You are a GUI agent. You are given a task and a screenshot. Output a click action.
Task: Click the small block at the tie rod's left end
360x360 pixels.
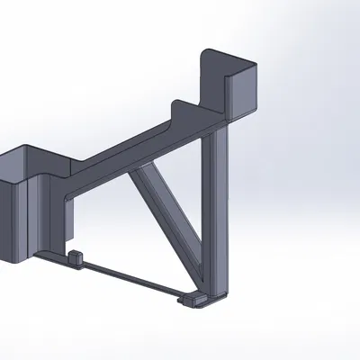pos(76,258)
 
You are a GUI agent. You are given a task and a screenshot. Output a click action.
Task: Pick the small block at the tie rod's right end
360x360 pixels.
pos(192,298)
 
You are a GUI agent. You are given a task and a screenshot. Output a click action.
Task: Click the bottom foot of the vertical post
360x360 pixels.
pos(217,292)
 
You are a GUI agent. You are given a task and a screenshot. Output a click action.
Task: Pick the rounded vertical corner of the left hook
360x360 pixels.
pos(34,216)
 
